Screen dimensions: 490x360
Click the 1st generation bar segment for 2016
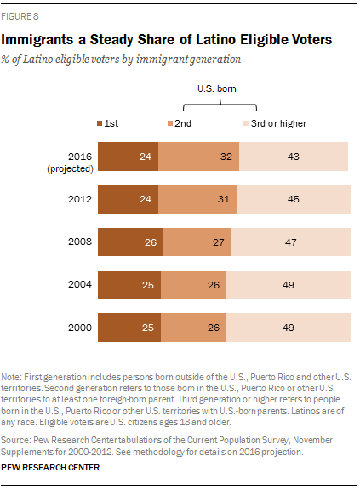(x=128, y=157)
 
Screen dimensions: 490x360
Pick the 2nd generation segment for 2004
(x=197, y=285)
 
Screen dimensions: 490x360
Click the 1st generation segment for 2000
(x=129, y=328)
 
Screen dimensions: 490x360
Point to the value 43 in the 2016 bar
(x=291, y=157)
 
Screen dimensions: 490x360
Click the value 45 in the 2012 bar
(x=291, y=200)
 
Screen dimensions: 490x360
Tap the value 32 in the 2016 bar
(x=199, y=157)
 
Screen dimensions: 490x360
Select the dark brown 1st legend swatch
(x=101, y=124)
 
